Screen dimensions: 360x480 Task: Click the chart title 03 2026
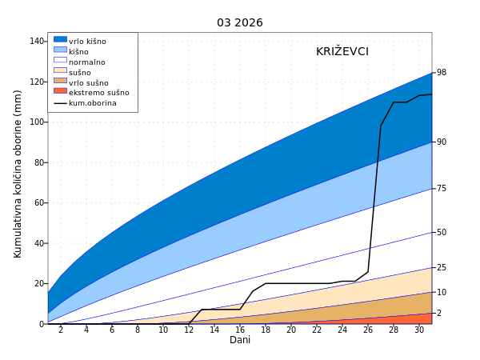tap(239, 22)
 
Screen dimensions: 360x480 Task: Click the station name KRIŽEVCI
tap(342, 51)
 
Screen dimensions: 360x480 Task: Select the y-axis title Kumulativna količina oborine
tap(18, 173)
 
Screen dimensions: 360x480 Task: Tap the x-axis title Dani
tap(240, 340)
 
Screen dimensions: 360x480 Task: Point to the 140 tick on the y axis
tap(37, 41)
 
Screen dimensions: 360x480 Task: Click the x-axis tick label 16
tap(240, 330)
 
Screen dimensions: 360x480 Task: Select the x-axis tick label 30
tap(419, 330)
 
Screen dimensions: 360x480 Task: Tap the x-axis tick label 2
tap(61, 330)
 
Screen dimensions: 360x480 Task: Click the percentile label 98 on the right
tap(442, 73)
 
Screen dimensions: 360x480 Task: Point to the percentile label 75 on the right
tap(442, 189)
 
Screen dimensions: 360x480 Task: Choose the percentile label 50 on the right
tap(442, 233)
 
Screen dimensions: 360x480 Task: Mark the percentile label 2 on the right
tap(439, 314)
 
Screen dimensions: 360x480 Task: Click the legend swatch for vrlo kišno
tap(60, 39)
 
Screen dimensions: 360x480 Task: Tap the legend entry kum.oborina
tap(92, 103)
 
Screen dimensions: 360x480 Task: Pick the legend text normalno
tap(86, 62)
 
